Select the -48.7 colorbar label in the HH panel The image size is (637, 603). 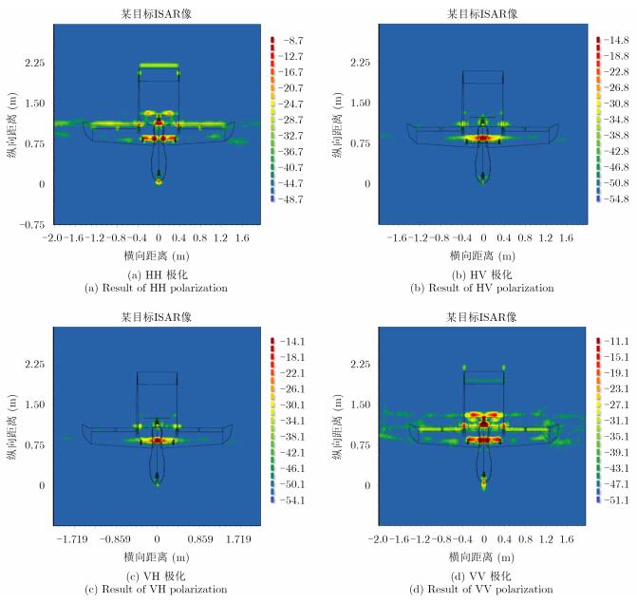(x=294, y=198)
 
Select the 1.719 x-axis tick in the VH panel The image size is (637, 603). (x=237, y=537)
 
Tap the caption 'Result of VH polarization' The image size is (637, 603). (x=157, y=590)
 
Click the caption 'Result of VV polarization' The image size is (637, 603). (x=483, y=590)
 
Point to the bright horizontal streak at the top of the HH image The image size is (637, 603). (x=159, y=66)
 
